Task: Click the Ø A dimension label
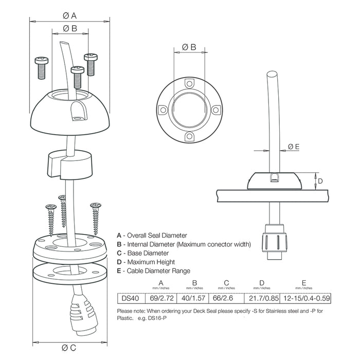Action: click(x=70, y=15)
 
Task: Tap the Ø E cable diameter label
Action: click(x=294, y=147)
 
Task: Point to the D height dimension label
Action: click(x=319, y=181)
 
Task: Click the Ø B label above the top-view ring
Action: click(x=189, y=47)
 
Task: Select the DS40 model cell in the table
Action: click(x=126, y=298)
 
